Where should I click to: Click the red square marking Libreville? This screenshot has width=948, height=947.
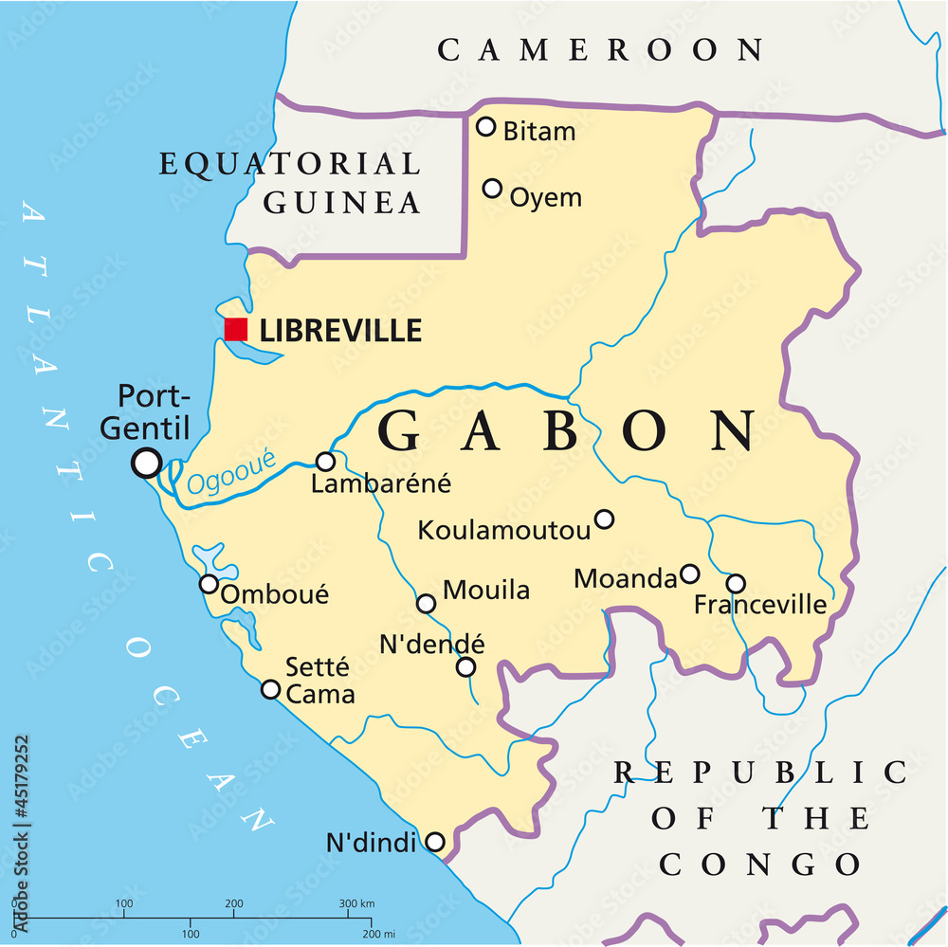[236, 329]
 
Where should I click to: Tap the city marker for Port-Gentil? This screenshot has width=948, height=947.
[147, 463]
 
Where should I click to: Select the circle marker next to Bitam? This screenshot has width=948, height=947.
[486, 126]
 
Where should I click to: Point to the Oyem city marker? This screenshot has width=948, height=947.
[492, 188]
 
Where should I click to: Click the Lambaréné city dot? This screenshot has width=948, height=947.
[325, 462]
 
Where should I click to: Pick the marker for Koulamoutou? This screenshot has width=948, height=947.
[604, 519]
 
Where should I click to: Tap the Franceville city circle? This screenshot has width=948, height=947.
[736, 583]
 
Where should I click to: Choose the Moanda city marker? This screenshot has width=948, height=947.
[690, 574]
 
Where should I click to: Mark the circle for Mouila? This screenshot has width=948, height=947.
[427, 603]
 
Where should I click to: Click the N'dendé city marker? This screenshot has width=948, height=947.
[465, 666]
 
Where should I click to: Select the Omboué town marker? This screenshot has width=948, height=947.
[209, 583]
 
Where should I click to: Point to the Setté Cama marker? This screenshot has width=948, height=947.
[271, 689]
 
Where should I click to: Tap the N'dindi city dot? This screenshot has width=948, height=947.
[434, 841]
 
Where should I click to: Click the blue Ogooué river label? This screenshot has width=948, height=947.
[231, 472]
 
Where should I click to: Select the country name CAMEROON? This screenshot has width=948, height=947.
[600, 49]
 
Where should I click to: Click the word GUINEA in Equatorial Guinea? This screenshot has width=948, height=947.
[342, 202]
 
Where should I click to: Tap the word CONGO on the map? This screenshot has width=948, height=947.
[760, 865]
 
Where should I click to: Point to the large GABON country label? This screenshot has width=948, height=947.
[569, 431]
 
